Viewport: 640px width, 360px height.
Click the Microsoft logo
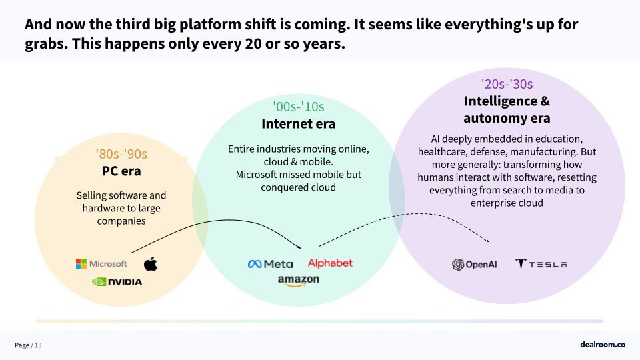click(x=101, y=264)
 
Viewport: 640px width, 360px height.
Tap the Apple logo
click(x=151, y=264)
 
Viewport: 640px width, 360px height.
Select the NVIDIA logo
click(x=117, y=281)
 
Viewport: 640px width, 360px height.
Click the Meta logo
click(x=270, y=264)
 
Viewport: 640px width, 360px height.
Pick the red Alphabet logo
click(x=330, y=263)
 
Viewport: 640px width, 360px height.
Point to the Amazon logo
click(x=299, y=281)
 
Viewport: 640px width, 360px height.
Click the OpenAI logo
click(x=474, y=265)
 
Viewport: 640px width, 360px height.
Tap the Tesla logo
click(x=541, y=264)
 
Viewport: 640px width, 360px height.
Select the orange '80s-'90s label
click(x=121, y=154)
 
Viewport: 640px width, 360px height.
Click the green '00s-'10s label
click(x=299, y=107)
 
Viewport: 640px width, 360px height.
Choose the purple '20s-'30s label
click(x=507, y=84)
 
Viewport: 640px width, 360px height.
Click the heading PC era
click(x=121, y=171)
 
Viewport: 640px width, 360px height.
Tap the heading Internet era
click(x=299, y=124)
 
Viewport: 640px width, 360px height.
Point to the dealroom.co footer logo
click(x=603, y=345)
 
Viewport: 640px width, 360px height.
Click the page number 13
click(x=38, y=345)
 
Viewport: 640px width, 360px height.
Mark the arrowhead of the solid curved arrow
click(x=299, y=247)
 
